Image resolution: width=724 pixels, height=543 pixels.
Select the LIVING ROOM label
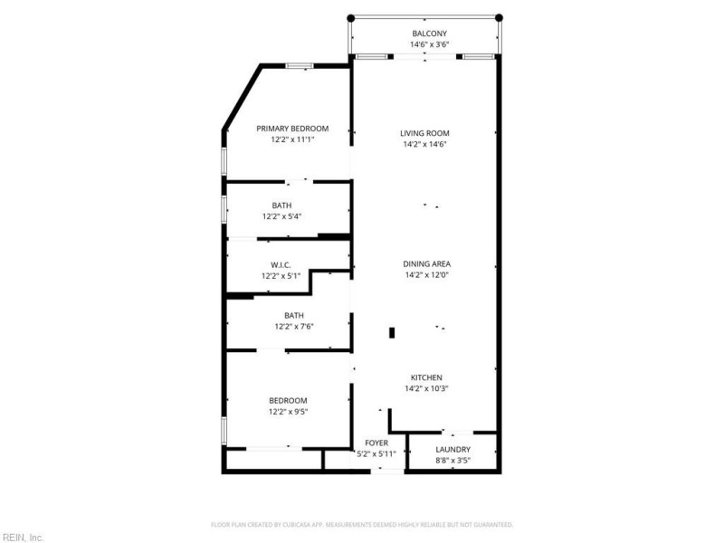pos(425,133)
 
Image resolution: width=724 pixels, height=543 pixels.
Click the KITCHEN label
pos(426,377)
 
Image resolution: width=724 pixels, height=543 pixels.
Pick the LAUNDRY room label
pos(452,449)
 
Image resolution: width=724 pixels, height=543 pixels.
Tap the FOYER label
pos(376,443)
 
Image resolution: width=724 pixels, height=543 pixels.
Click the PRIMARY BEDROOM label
pos(292,129)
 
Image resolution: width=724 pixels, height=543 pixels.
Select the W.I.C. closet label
pos(281,265)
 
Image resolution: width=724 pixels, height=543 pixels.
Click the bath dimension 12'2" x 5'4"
pos(281,216)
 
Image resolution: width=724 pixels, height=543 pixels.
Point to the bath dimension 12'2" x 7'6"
pos(293,327)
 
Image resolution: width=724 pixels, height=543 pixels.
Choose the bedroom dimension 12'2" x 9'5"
pos(288,412)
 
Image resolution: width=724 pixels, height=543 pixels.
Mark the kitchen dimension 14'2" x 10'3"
pos(426,388)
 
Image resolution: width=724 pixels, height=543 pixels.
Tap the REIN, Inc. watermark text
pos(23,537)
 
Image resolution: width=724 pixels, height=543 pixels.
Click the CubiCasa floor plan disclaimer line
pos(362,524)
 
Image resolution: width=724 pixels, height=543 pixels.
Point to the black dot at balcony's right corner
pos(500,17)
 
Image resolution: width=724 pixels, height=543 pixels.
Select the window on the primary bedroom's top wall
pos(300,65)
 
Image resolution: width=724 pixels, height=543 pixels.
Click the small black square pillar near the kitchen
pos(392,332)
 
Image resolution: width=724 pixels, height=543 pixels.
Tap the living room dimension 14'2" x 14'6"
pos(425,144)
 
